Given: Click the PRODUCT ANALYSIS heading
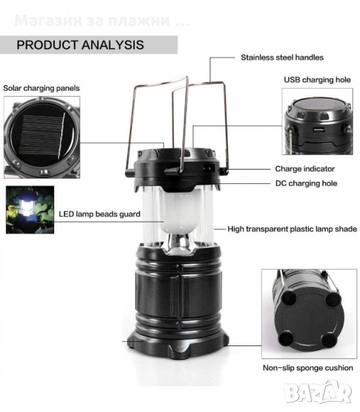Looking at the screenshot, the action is [x=80, y=45].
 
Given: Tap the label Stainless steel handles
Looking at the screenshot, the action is [x=282, y=57].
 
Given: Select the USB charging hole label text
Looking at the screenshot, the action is [x=317, y=80].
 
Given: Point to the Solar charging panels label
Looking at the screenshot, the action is [x=41, y=88].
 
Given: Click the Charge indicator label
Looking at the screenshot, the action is [x=305, y=169].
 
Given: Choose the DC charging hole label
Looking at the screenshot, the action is [x=306, y=183].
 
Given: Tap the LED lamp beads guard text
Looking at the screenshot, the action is [x=100, y=214].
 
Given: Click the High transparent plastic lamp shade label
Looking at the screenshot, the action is [x=292, y=229].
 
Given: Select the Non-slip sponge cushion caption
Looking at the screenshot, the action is [x=308, y=368].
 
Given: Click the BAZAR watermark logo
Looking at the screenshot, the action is [x=319, y=393].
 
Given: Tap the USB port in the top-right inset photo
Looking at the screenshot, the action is [x=318, y=130].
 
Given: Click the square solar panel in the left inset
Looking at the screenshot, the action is [x=42, y=136].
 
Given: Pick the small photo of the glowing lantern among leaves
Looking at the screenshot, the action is [x=30, y=209].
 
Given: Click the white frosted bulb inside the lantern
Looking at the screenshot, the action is [x=179, y=211].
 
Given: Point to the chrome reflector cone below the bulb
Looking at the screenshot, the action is [x=179, y=244].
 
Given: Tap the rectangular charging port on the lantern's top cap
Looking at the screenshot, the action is [x=210, y=168].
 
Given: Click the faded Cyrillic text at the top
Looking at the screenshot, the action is [x=102, y=21].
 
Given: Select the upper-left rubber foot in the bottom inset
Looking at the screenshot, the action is [x=289, y=299].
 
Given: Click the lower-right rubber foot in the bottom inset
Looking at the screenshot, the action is [x=330, y=341].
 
